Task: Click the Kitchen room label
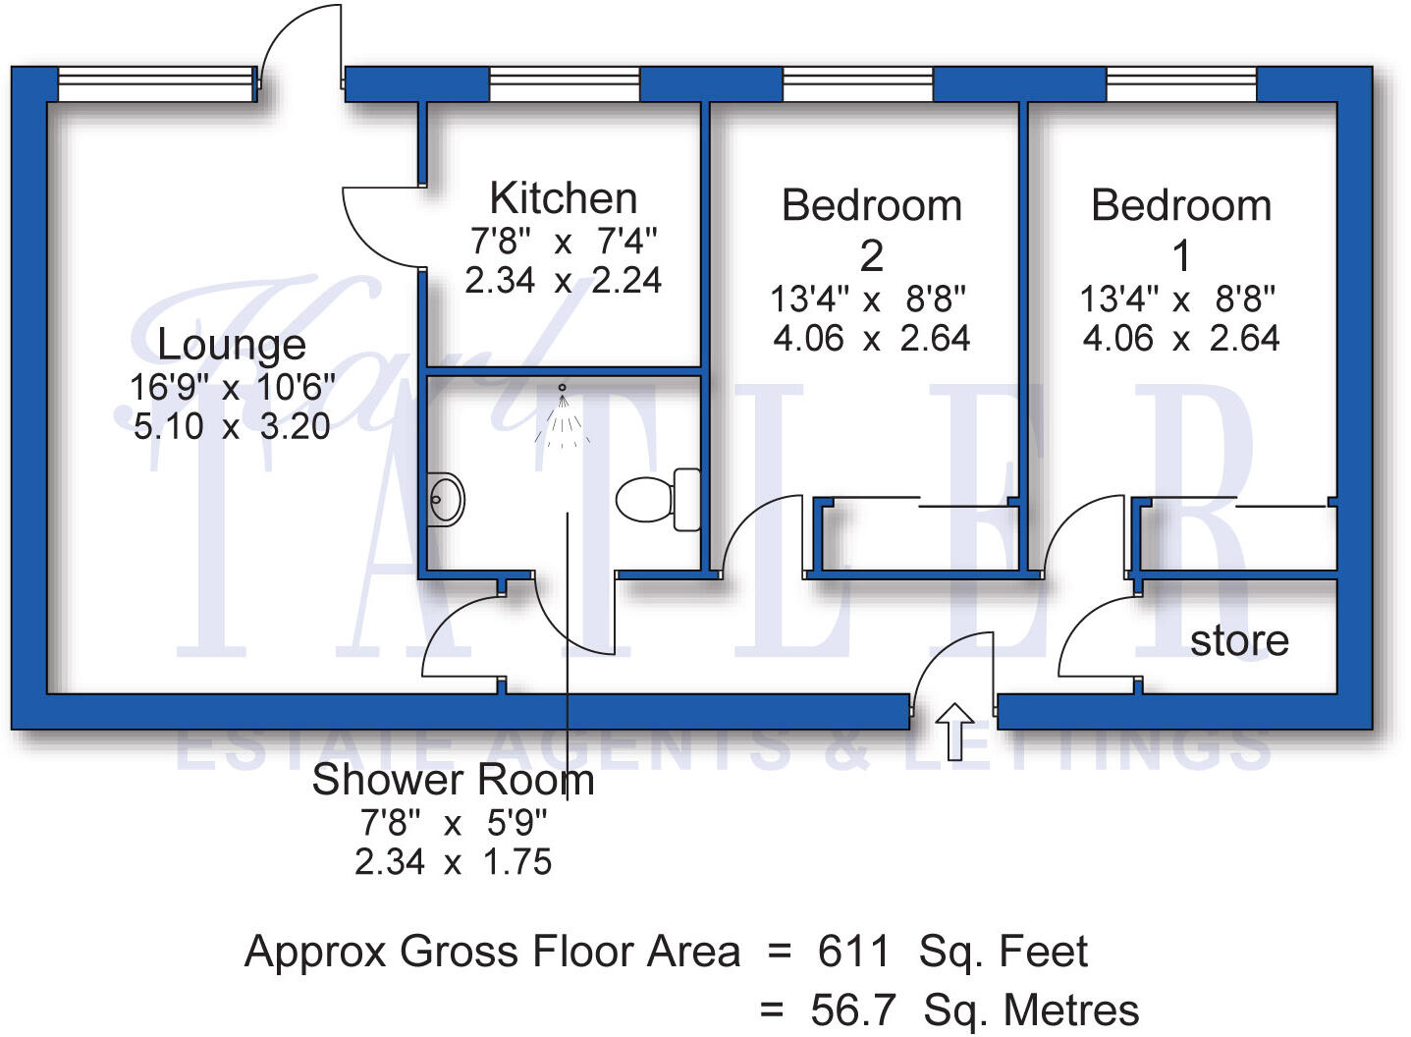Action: point(563,198)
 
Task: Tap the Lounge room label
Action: point(232,345)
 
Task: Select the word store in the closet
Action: point(1238,640)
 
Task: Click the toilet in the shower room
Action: point(658,499)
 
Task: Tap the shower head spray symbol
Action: point(563,417)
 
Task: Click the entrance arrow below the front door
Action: point(954,731)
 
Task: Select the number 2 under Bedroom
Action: point(871,256)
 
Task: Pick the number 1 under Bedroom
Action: point(1181,256)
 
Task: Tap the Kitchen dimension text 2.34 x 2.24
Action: point(563,281)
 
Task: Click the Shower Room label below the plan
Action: point(453,780)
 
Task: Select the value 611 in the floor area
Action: point(853,952)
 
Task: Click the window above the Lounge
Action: point(156,84)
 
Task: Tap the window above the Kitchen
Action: point(564,84)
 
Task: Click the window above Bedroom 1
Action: point(1181,84)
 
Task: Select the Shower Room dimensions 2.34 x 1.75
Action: point(453,862)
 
